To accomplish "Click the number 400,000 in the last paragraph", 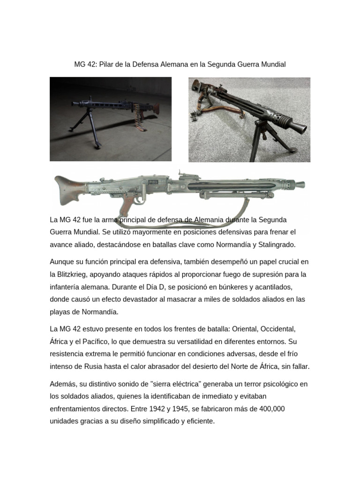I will (x=268, y=409).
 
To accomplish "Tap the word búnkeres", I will (x=211, y=286).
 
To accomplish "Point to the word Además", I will (x=63, y=384).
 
